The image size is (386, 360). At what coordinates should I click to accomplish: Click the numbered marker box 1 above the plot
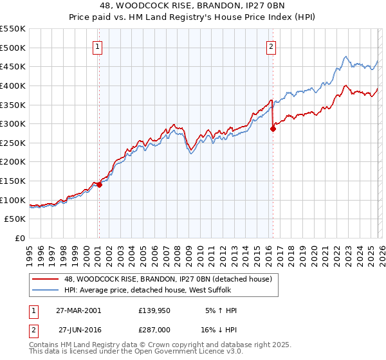tap(97, 46)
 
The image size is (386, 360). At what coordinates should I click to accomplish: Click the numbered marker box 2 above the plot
tap(271, 46)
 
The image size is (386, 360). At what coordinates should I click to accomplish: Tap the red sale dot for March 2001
tap(99, 184)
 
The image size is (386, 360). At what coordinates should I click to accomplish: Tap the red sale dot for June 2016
tap(273, 129)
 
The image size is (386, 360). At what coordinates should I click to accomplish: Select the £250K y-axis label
tap(13, 143)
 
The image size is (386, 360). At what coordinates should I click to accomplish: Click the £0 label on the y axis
tap(19, 238)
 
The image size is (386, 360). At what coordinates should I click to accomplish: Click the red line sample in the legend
tap(46, 278)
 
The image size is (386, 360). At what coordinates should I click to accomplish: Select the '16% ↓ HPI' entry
tap(220, 329)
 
